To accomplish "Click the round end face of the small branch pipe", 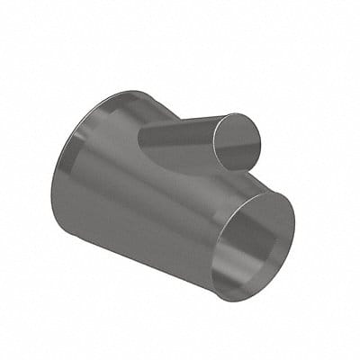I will tap(238, 141).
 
